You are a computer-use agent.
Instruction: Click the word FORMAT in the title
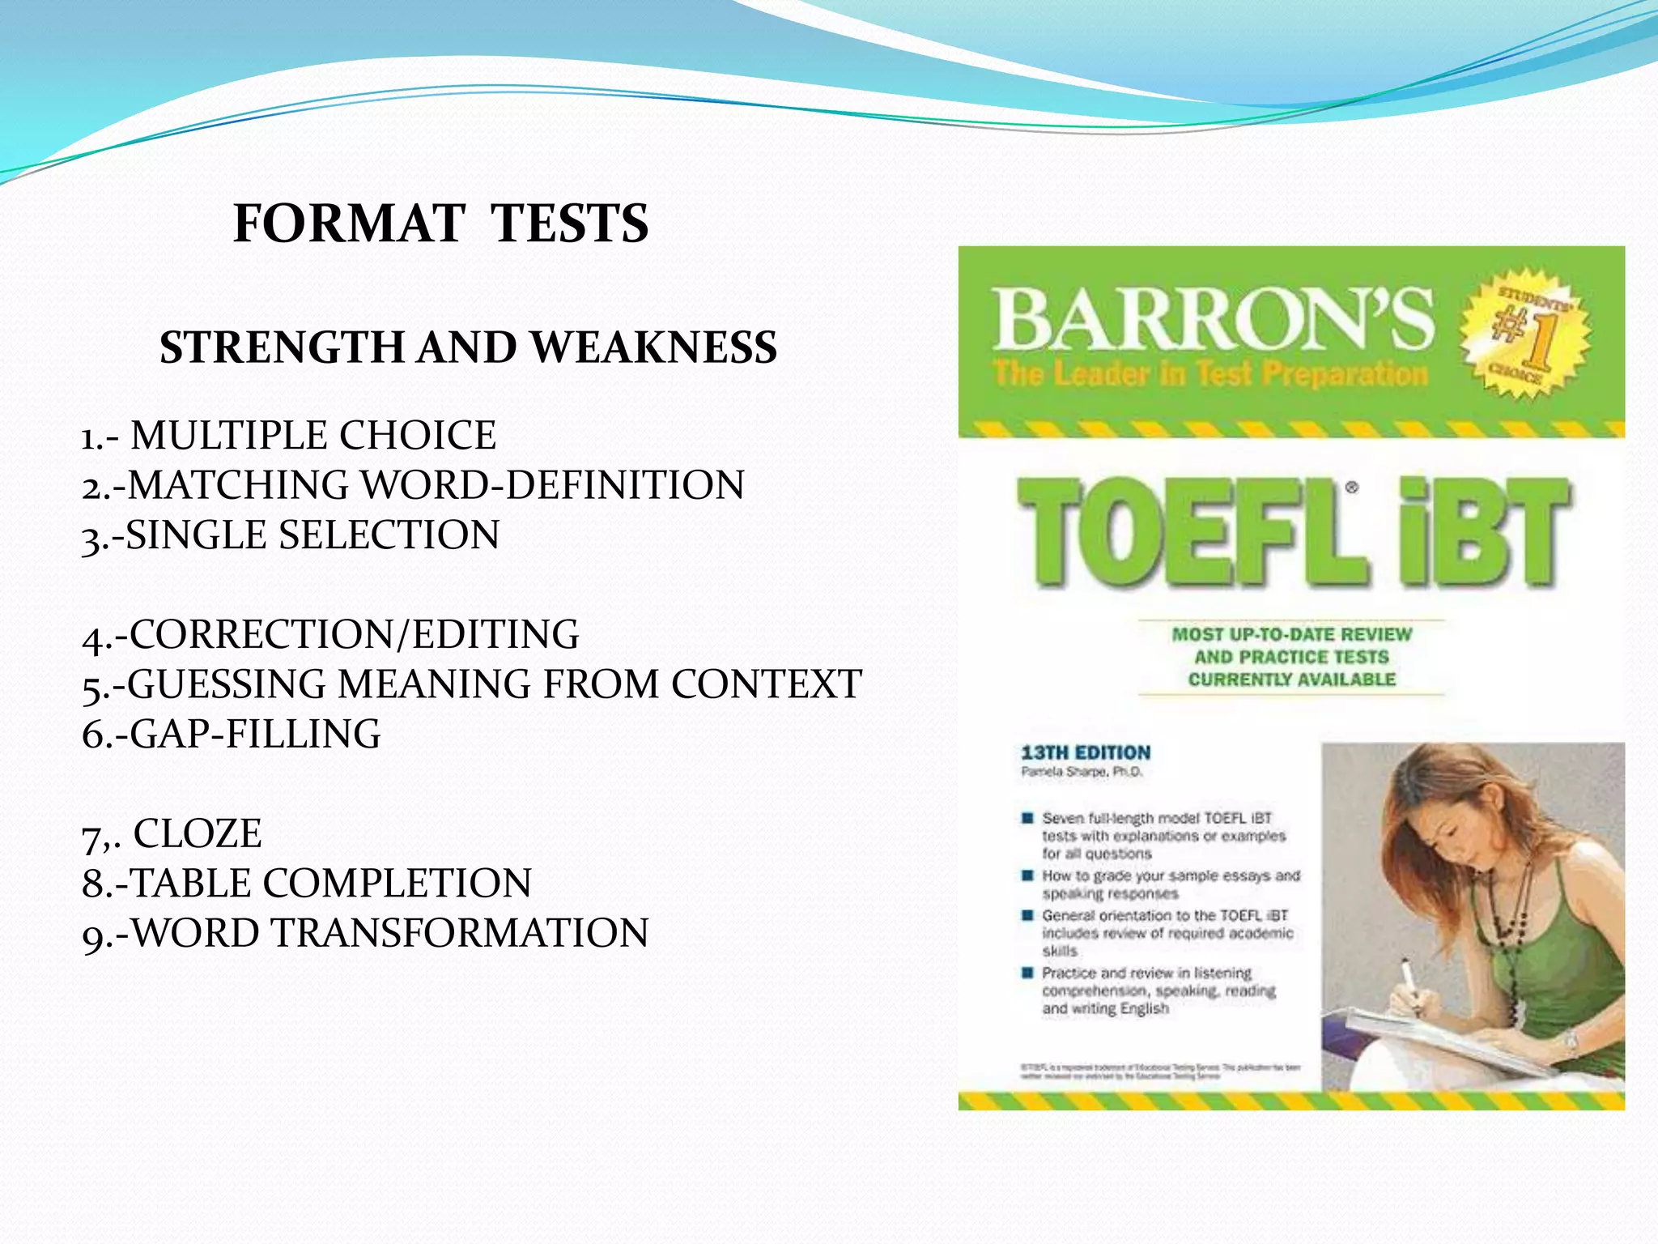point(349,224)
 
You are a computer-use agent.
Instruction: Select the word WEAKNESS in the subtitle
point(654,347)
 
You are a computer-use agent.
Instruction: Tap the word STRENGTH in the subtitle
point(283,347)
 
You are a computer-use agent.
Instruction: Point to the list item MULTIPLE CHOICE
point(312,436)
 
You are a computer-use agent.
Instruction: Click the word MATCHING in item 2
point(238,485)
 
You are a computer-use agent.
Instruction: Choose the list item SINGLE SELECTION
point(312,535)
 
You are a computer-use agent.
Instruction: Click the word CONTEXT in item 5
point(766,684)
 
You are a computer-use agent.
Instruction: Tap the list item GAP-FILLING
point(254,734)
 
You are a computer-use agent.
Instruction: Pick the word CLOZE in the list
point(198,833)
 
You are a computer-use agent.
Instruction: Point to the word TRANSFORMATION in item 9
point(459,933)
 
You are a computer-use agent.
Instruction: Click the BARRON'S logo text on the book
point(1212,321)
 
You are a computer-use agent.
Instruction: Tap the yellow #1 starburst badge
point(1524,333)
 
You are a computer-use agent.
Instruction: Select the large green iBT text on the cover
point(1486,531)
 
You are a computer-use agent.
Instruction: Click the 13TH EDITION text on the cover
point(1086,752)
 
